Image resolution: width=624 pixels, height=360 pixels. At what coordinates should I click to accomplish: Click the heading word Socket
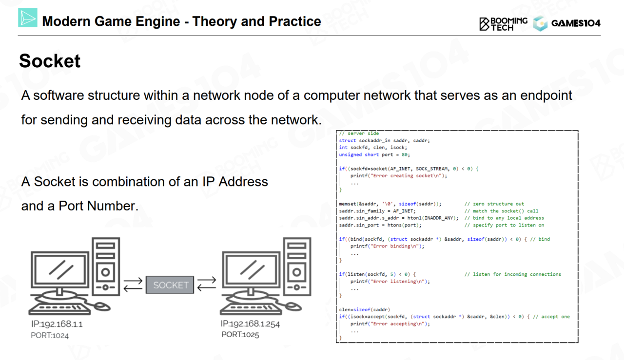pyautogui.click(x=50, y=61)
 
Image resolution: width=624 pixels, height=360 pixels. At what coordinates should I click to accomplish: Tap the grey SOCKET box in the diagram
pyautogui.click(x=170, y=285)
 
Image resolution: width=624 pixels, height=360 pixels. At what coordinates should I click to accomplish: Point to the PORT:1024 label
pyautogui.click(x=50, y=335)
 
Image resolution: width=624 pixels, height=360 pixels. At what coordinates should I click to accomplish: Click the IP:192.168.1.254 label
pyautogui.click(x=250, y=324)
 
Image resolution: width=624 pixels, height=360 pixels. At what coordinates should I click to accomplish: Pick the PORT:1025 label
pyautogui.click(x=240, y=335)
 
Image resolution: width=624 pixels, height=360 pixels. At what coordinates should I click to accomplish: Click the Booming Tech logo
pyautogui.click(x=503, y=23)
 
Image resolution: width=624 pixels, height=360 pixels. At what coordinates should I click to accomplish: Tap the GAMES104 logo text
pyautogui.click(x=576, y=23)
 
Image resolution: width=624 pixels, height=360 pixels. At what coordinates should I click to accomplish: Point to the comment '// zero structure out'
pyautogui.click(x=494, y=204)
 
